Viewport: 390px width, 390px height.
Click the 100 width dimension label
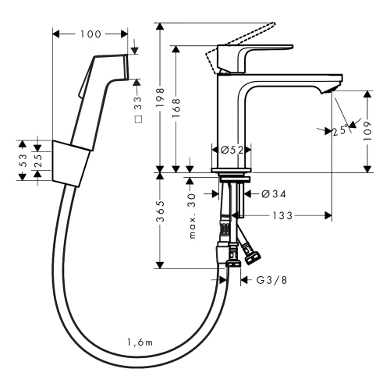tap(90, 34)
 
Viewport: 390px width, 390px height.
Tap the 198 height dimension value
tap(161, 97)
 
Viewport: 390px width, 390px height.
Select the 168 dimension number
tap(176, 108)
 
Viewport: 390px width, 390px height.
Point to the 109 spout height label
tap(367, 131)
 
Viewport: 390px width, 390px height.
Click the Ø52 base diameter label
tap(232, 150)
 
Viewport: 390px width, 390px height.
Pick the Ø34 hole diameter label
tap(274, 194)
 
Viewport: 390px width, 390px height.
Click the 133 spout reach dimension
tap(282, 215)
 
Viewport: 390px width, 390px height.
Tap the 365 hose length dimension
tap(161, 211)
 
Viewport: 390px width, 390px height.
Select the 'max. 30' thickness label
tap(192, 216)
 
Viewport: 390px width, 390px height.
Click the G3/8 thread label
tap(271, 280)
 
